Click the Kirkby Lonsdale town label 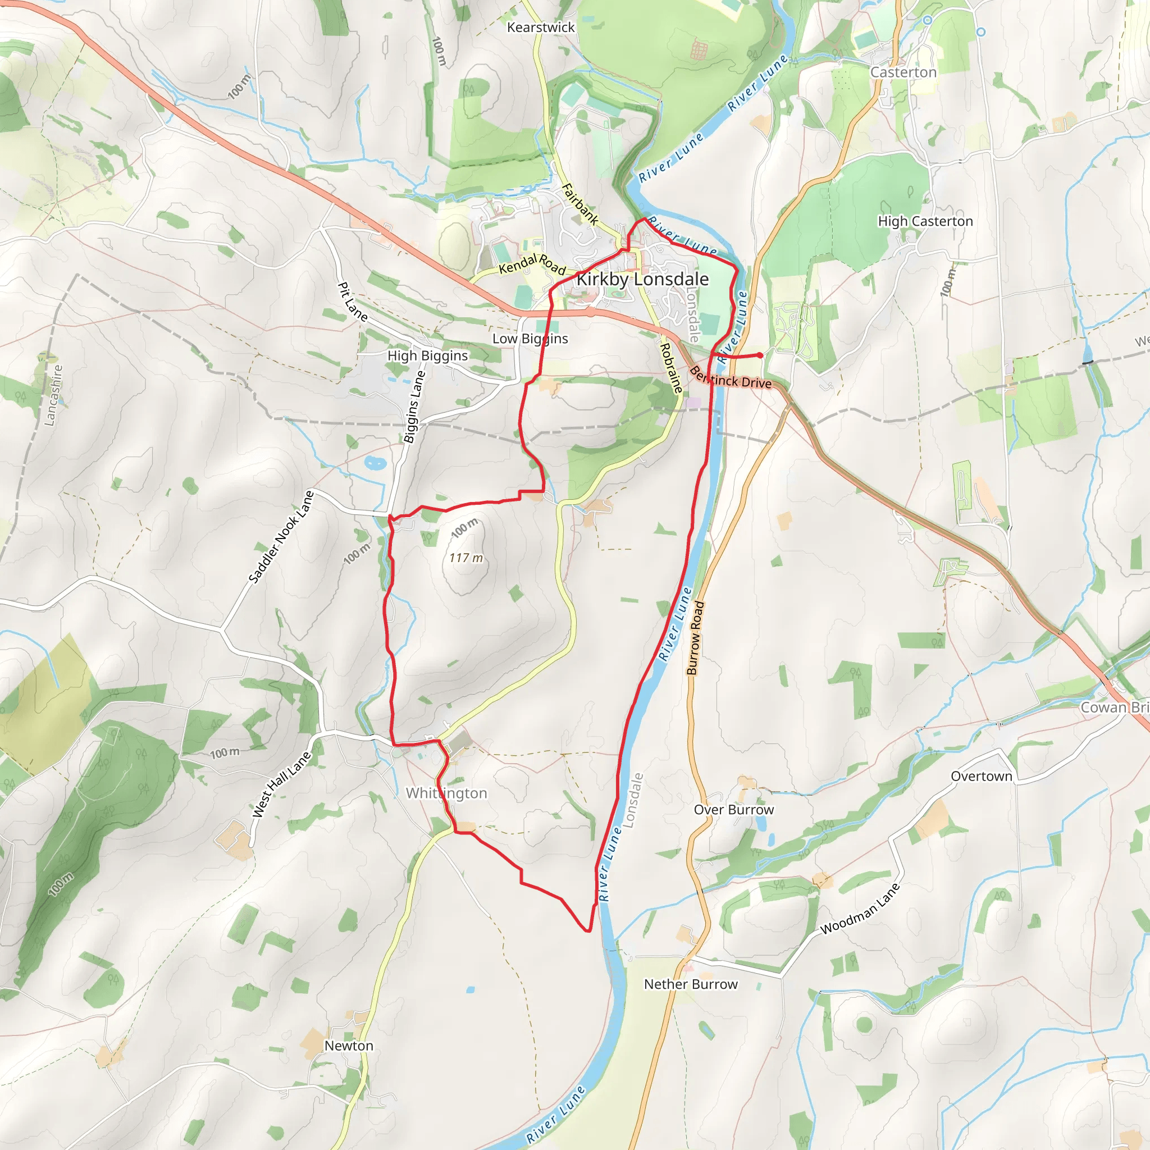(x=642, y=279)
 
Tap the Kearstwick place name (x=541, y=28)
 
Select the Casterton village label (x=903, y=72)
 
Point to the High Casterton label (x=925, y=221)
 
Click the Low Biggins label (x=530, y=339)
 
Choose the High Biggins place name (x=427, y=356)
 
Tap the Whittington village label (x=446, y=793)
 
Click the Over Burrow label (x=733, y=810)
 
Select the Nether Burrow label (x=691, y=984)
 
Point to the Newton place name (x=349, y=1046)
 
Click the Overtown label (x=981, y=776)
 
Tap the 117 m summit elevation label (x=466, y=558)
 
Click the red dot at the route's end (x=760, y=355)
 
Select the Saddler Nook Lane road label (x=281, y=537)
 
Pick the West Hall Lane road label (x=281, y=784)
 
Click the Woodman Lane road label (x=860, y=909)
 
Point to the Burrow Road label (x=695, y=638)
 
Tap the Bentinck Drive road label (x=731, y=378)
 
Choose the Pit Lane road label (x=353, y=302)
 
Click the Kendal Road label (x=532, y=264)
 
